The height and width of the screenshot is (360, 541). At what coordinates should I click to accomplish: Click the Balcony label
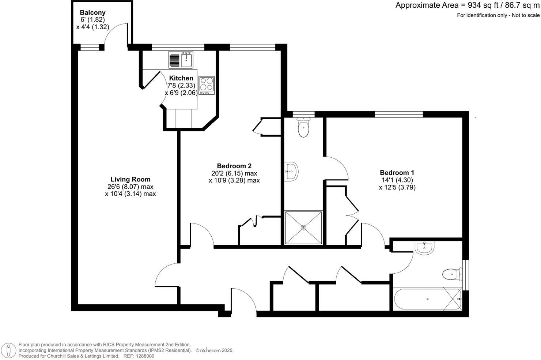point(92,13)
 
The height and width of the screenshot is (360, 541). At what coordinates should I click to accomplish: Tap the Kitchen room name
point(181,78)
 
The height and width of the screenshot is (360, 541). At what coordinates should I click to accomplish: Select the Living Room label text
point(130,179)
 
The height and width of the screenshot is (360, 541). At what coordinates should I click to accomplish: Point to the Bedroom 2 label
point(234,166)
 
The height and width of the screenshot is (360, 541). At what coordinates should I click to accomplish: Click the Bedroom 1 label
point(397,173)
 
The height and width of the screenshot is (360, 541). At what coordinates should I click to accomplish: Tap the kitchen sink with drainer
point(181,60)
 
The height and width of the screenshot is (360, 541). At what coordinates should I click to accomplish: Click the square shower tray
point(303,227)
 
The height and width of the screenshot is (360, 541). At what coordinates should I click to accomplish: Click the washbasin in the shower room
point(292,171)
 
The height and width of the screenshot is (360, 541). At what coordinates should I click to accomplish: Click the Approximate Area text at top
point(467,5)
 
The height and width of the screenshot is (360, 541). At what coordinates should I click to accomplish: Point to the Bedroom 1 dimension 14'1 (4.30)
point(397,180)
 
